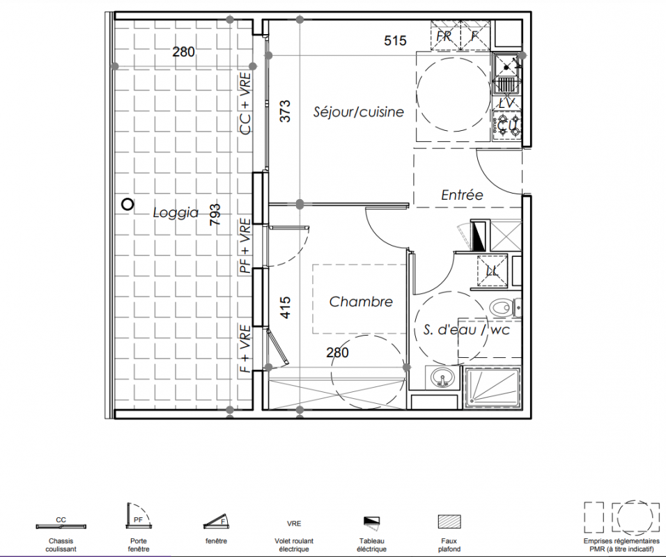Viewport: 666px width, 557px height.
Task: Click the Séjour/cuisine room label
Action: (359, 112)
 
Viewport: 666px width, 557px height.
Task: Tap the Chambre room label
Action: (361, 302)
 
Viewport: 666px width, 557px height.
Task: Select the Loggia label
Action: (176, 212)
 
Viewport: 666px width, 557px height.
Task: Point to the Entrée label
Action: (462, 195)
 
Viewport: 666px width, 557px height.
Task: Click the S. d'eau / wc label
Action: (466, 329)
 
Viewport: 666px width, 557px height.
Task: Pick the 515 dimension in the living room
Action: (395, 41)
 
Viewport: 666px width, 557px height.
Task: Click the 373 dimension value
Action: (286, 111)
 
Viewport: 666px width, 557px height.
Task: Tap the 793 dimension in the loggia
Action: (215, 214)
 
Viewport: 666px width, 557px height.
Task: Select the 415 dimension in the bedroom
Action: (286, 307)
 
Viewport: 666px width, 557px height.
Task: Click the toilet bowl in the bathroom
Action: (500, 307)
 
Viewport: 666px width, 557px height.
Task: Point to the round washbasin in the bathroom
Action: (442, 377)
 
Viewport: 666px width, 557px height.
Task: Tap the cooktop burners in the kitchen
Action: (507, 125)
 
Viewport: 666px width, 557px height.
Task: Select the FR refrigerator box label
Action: (444, 36)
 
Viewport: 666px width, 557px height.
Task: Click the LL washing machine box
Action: (492, 271)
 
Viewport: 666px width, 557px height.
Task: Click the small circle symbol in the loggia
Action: (127, 205)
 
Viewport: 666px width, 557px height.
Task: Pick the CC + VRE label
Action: (245, 104)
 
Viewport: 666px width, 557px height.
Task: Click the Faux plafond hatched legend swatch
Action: (449, 521)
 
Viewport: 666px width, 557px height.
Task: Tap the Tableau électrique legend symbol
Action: (371, 521)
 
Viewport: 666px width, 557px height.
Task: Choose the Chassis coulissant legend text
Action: (61, 544)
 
